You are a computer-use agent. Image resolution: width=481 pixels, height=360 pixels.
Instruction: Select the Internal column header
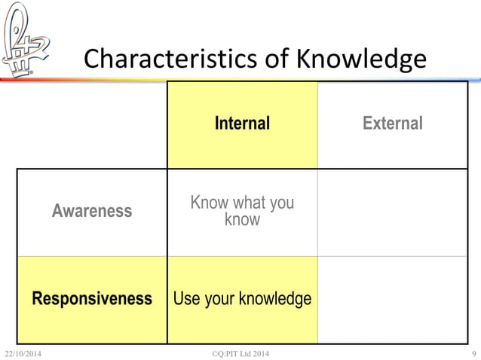pyautogui.click(x=242, y=124)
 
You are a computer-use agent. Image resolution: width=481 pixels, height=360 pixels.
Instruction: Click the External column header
pyautogui.click(x=393, y=124)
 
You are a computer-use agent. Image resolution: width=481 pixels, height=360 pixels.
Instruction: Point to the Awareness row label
pyautogui.click(x=92, y=212)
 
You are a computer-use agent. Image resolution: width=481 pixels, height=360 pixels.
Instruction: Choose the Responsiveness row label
pyautogui.click(x=92, y=299)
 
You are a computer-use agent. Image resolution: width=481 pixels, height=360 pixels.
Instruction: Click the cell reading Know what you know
pyautogui.click(x=242, y=212)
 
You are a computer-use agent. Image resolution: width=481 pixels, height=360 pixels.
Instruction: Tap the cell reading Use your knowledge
pyautogui.click(x=242, y=299)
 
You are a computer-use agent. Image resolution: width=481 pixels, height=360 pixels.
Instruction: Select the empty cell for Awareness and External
pyautogui.click(x=393, y=212)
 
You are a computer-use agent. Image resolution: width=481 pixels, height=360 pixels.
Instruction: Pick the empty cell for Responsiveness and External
pyautogui.click(x=393, y=299)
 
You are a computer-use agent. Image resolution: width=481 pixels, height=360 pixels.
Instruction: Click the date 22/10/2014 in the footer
pyautogui.click(x=23, y=353)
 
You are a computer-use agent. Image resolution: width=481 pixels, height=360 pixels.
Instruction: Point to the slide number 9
pyautogui.click(x=472, y=353)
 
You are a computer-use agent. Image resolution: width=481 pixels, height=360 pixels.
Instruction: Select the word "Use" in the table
pyautogui.click(x=186, y=299)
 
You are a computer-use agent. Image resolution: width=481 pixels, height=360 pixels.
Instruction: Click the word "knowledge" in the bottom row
pyautogui.click(x=275, y=299)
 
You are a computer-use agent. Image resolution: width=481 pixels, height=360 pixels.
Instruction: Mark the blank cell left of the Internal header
pyautogui.click(x=92, y=124)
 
